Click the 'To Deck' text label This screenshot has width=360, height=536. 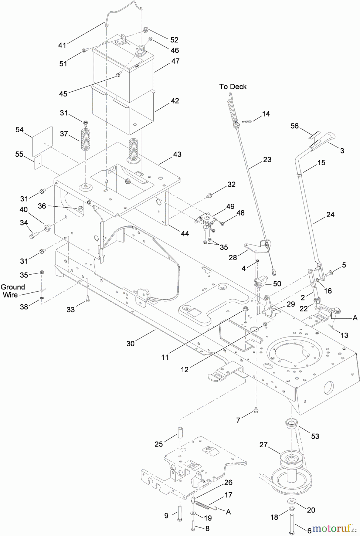[233, 87]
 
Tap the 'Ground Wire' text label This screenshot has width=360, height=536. [13, 291]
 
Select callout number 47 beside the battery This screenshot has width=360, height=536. [175, 61]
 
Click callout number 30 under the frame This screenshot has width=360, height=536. [131, 343]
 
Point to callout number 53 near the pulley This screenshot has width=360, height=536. [315, 436]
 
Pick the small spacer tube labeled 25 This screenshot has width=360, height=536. [180, 432]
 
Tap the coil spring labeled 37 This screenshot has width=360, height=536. [85, 140]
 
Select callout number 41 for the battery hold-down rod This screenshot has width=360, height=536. [62, 45]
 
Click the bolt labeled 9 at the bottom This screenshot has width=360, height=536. [180, 514]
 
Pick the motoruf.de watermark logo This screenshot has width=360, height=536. [334, 529]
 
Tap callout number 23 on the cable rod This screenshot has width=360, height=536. [267, 160]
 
